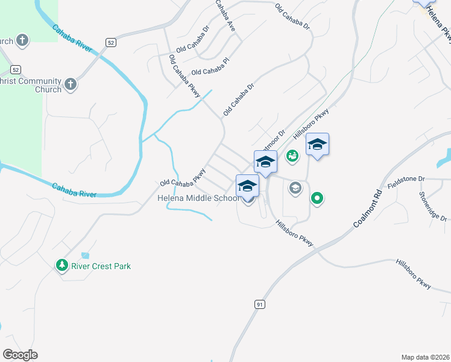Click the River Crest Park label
(x=101, y=266)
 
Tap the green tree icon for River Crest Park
(x=61, y=265)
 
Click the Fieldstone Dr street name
(x=406, y=179)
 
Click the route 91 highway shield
(x=259, y=305)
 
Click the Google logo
(x=20, y=355)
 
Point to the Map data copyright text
(x=426, y=357)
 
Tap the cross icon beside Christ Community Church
(x=71, y=84)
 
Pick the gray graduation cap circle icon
(x=295, y=188)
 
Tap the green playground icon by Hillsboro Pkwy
(x=292, y=156)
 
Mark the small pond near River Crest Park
(x=84, y=255)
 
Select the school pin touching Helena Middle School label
(x=247, y=186)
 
